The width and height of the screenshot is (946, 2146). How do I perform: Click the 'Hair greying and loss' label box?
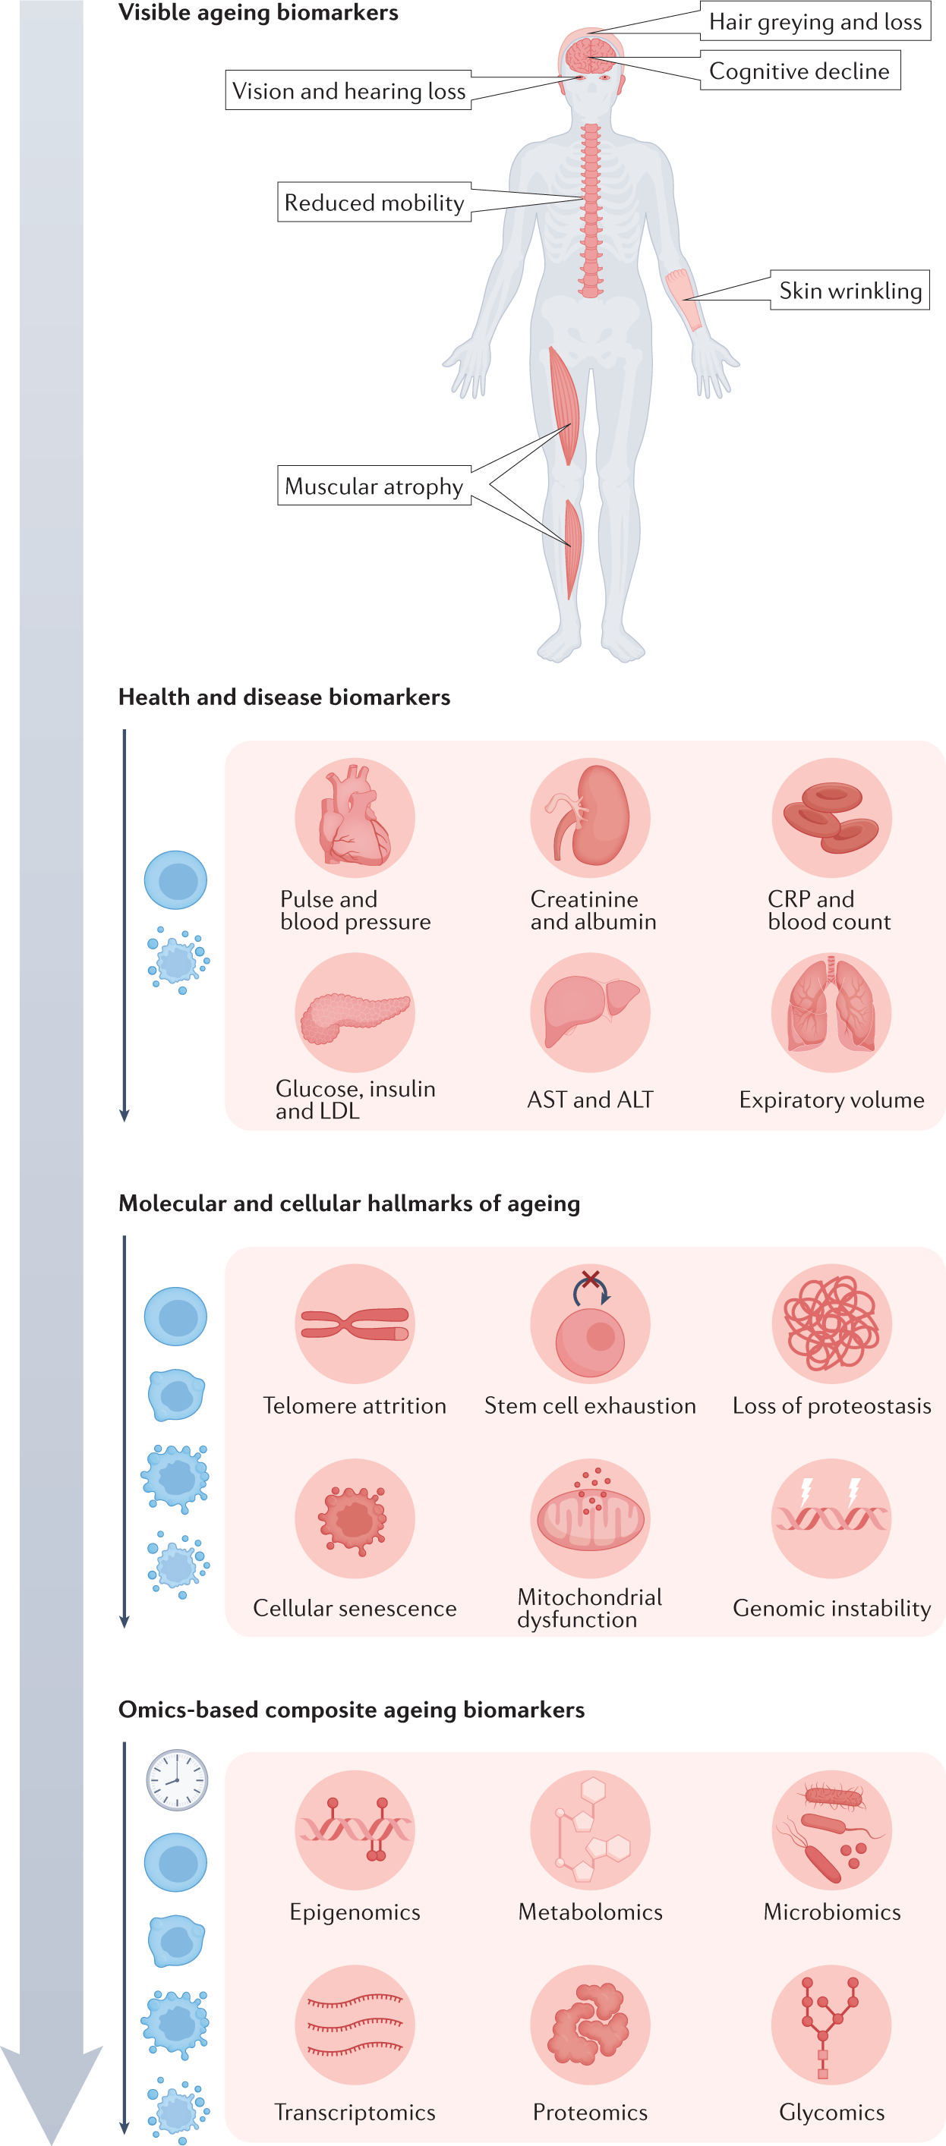[815, 22]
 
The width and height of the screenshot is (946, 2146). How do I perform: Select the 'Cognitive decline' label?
[799, 71]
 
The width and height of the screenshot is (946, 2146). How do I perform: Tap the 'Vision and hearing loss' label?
[348, 91]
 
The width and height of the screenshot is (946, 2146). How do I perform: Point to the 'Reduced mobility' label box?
[374, 203]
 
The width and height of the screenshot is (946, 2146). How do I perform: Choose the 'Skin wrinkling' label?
[850, 291]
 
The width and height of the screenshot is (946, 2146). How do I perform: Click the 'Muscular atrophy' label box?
[374, 486]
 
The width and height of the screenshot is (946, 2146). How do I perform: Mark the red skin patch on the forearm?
[684, 298]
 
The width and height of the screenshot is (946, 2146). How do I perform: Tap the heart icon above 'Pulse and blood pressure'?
[355, 817]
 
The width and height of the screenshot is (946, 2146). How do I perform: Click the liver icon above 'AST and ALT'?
[590, 1012]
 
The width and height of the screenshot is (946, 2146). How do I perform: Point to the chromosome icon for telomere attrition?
[355, 1323]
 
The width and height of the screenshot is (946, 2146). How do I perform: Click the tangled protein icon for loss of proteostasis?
[831, 1323]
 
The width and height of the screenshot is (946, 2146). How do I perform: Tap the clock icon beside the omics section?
[177, 1779]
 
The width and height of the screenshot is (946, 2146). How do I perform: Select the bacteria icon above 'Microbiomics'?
[831, 1830]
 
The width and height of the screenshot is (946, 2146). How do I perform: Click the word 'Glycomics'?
[831, 2112]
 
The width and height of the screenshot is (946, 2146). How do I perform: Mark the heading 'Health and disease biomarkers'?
[284, 697]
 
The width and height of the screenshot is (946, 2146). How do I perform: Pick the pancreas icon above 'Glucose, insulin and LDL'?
[355, 1013]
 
